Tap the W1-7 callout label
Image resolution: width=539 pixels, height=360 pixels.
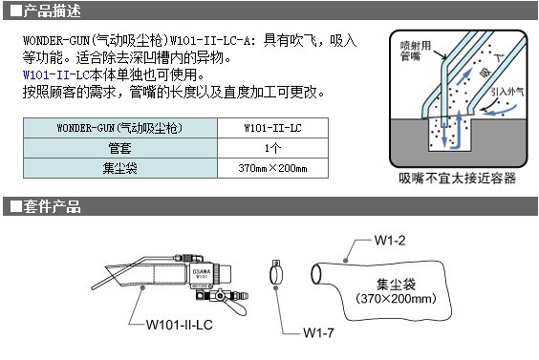[x=318, y=333]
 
